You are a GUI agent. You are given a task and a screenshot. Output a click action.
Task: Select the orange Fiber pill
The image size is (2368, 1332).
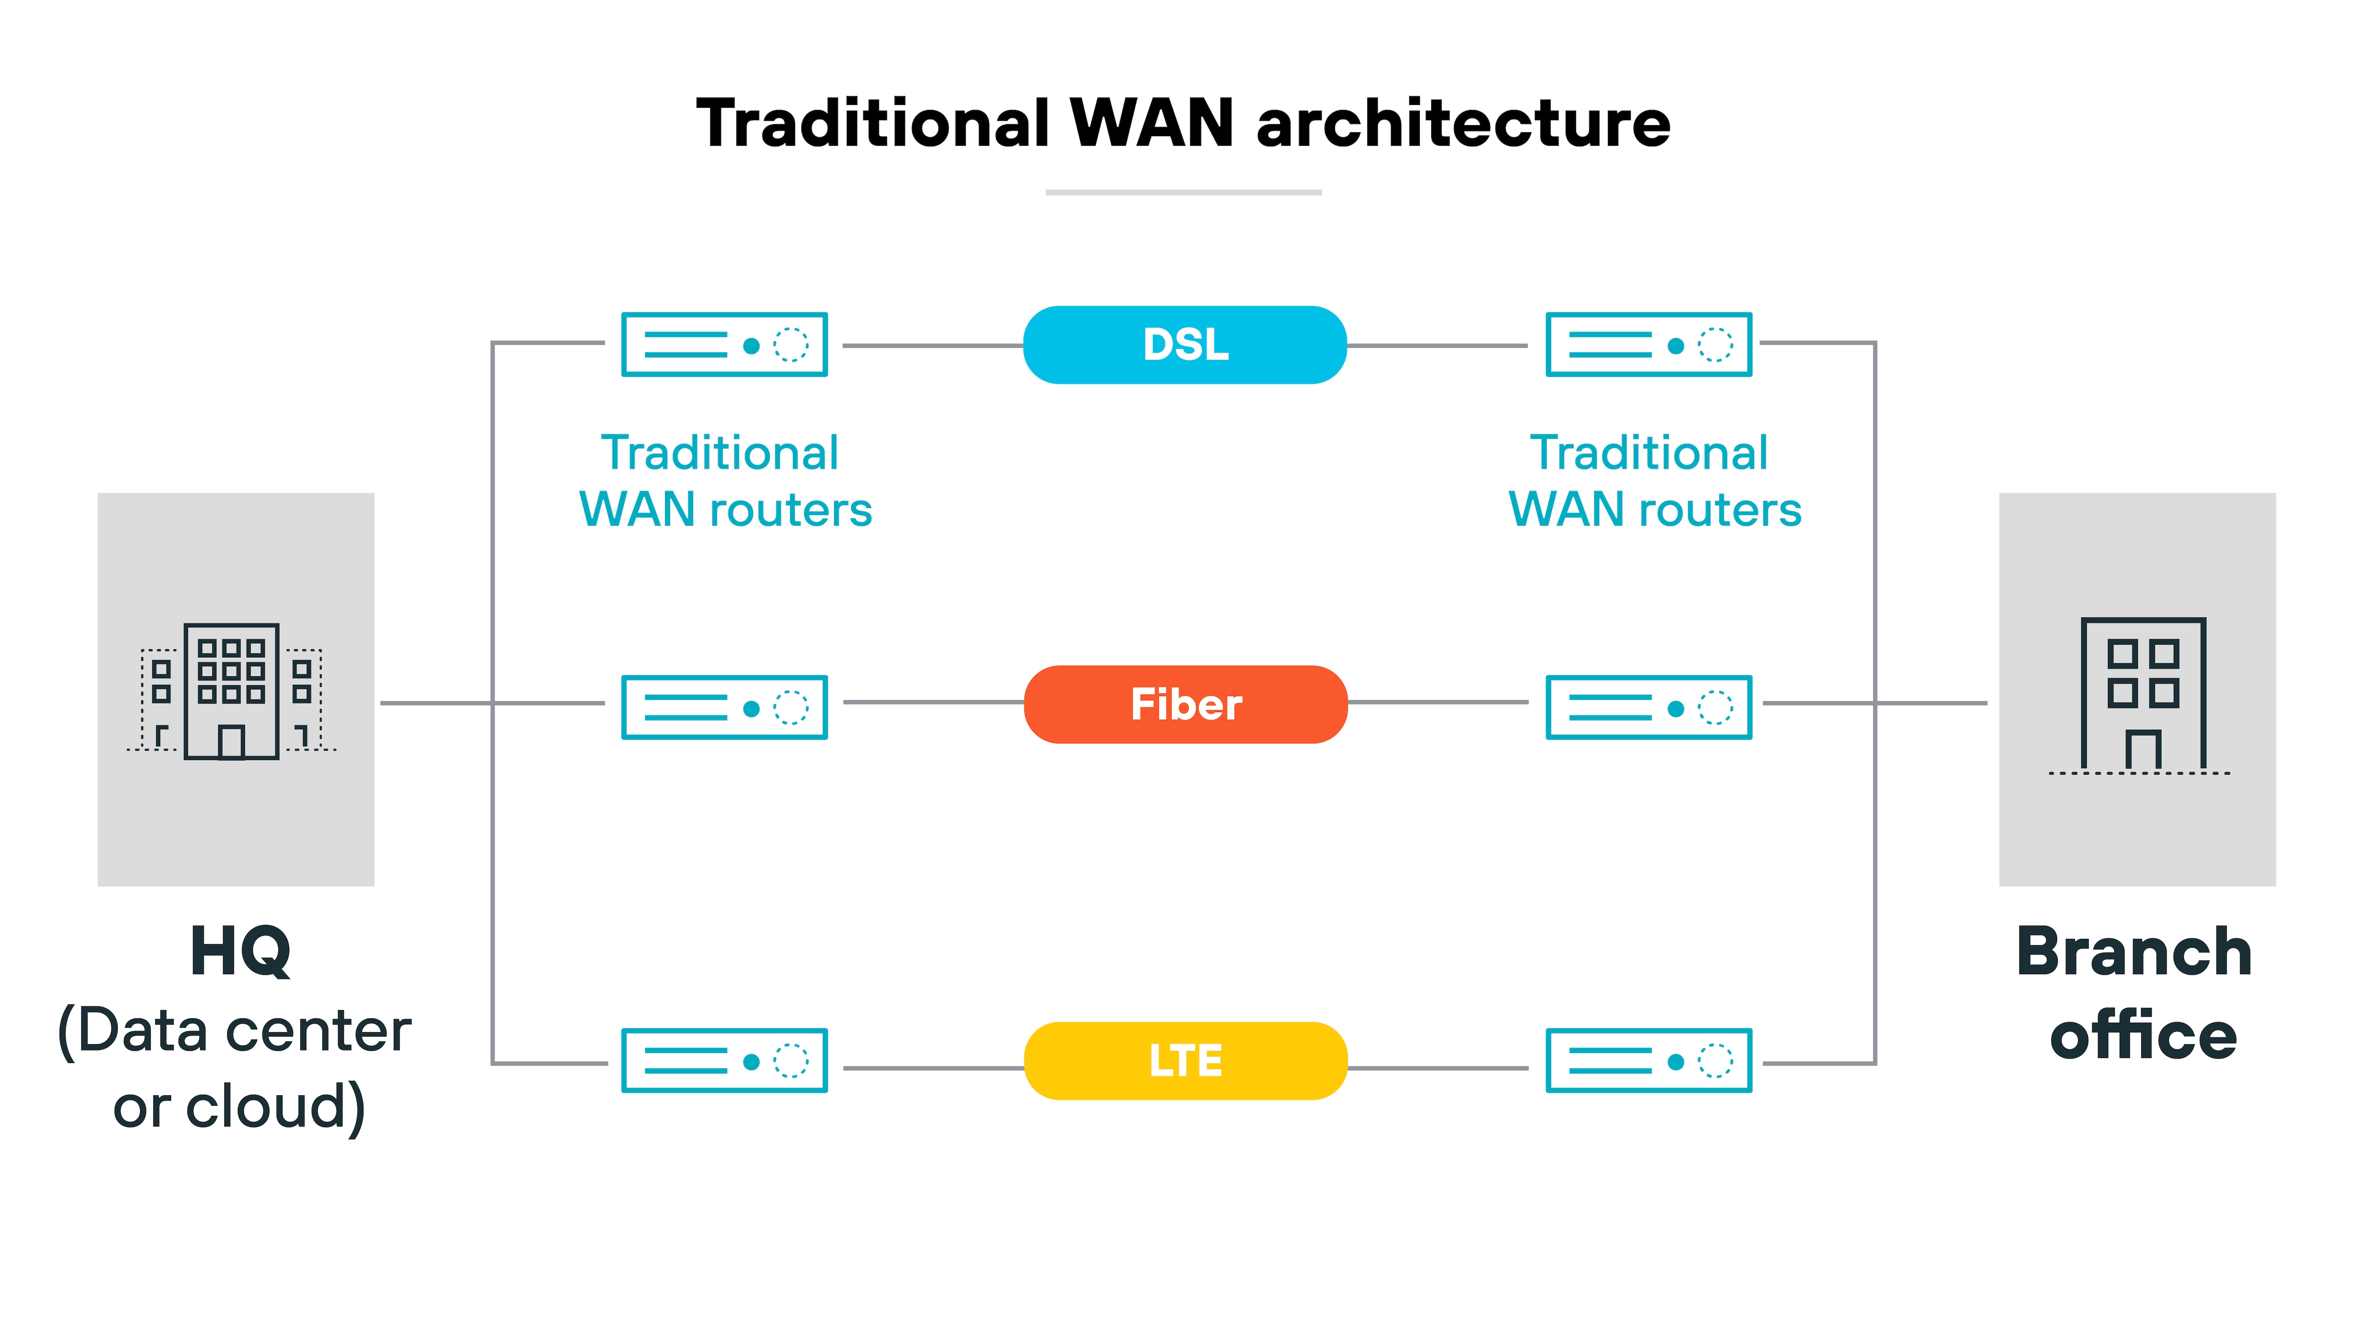(1185, 704)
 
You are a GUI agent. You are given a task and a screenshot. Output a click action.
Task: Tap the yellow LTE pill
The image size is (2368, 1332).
(1185, 1061)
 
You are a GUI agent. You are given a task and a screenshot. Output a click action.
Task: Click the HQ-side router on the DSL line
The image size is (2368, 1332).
(725, 345)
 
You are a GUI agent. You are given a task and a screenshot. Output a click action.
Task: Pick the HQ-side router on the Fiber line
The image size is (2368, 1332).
(725, 707)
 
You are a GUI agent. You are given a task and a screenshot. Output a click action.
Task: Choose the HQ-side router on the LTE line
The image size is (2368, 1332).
(725, 1061)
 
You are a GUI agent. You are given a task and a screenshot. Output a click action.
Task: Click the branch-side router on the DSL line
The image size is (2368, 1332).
(1648, 345)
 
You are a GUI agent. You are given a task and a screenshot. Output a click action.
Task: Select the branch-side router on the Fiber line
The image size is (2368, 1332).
(1648, 707)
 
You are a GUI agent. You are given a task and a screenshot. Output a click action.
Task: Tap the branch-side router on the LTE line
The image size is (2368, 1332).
(1648, 1061)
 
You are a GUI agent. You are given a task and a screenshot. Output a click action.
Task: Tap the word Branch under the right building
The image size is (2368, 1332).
(2134, 951)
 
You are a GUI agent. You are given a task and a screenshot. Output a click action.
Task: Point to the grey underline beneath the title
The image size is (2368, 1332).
(1183, 192)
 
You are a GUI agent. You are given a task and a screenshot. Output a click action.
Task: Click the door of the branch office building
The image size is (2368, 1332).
(2143, 749)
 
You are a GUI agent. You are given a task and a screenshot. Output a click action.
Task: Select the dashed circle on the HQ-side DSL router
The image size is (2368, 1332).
(790, 345)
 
